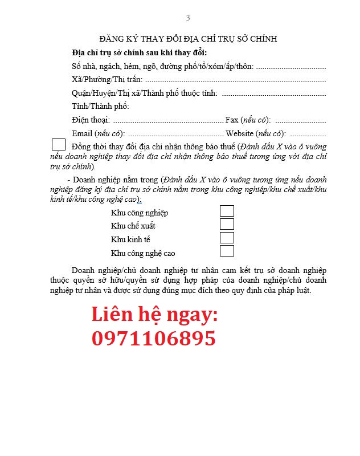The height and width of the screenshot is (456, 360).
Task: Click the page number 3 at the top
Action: tap(188, 18)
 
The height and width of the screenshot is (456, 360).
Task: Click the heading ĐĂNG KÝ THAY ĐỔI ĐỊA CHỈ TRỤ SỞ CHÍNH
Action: tap(188, 39)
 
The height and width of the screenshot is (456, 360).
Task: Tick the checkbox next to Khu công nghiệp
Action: tap(227, 211)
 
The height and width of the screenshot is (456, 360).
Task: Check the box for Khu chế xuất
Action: tap(227, 224)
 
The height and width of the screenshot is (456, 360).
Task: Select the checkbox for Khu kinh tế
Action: tap(227, 238)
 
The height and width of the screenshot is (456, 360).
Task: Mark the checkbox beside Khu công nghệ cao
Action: tap(227, 251)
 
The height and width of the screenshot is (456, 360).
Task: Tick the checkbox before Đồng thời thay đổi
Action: tap(59, 145)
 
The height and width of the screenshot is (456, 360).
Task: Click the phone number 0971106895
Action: tap(154, 339)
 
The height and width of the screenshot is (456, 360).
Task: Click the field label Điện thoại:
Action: tap(91, 120)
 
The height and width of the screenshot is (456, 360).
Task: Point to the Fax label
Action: tap(232, 120)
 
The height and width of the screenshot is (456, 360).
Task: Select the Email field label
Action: tap(83, 133)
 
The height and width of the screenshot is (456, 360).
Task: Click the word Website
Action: tap(240, 133)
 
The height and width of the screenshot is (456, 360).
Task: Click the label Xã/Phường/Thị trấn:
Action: tap(107, 80)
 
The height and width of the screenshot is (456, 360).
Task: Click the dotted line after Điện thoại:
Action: tap(168, 121)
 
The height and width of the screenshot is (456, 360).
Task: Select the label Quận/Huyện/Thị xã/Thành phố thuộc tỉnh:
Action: tap(145, 93)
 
